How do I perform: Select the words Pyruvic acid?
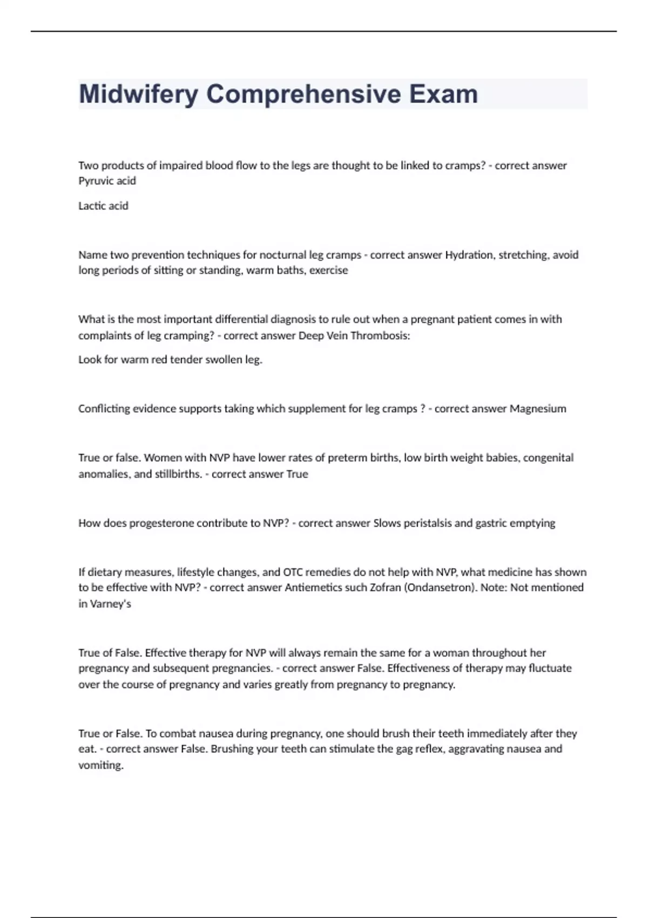point(107,181)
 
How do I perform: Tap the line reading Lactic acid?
point(103,206)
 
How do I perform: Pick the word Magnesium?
point(538,409)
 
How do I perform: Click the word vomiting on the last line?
point(100,765)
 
